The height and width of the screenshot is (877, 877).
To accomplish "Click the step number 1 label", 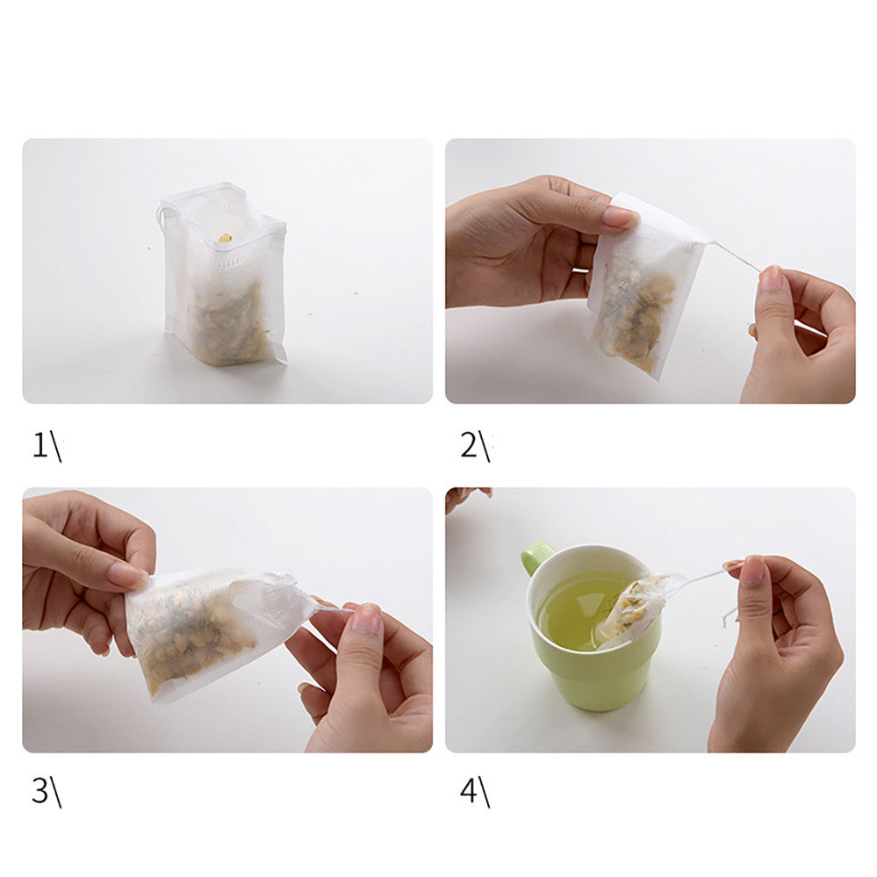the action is click(x=47, y=446).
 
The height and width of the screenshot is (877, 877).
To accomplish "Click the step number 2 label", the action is click(x=475, y=446).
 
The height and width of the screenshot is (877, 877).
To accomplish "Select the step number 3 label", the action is click(x=47, y=792).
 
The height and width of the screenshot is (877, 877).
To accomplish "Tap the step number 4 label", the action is click(x=475, y=792).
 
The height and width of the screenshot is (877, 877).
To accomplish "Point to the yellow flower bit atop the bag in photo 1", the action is click(x=224, y=238).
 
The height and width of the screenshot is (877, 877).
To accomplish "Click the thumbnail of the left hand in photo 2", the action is click(x=620, y=216).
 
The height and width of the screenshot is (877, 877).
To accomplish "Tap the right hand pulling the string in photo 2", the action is click(x=800, y=334).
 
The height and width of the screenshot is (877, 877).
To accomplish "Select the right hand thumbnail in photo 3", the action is click(x=367, y=617).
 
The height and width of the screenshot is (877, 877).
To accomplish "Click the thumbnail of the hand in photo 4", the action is click(x=753, y=571).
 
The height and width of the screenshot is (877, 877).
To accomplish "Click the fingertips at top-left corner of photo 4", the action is click(x=468, y=498).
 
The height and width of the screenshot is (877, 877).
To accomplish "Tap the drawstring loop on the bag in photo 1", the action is click(x=160, y=216).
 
